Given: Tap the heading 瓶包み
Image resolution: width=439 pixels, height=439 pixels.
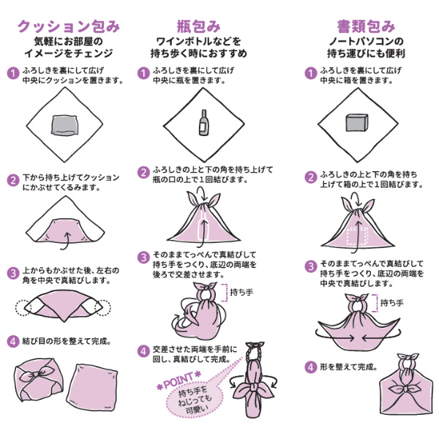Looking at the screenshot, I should coord(199,26).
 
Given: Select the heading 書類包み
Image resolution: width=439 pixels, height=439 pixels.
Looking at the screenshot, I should coord(358,26).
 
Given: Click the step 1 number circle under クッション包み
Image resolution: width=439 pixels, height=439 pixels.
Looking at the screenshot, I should coord(12,74).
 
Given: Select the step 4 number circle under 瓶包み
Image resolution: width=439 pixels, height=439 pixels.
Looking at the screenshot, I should coord(144,351).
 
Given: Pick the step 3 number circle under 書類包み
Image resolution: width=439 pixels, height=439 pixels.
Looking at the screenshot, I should coord(310,266).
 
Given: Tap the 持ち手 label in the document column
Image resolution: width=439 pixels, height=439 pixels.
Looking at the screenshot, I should coord(394,303).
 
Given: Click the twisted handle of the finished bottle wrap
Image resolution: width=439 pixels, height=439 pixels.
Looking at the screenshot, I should coord(257,359).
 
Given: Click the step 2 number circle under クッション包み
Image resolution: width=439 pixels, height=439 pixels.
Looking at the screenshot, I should coord(12,180).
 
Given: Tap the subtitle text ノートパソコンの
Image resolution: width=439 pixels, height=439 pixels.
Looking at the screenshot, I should coord(359,42).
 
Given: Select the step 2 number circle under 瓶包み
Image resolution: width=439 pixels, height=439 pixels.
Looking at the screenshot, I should coord(144,173).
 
